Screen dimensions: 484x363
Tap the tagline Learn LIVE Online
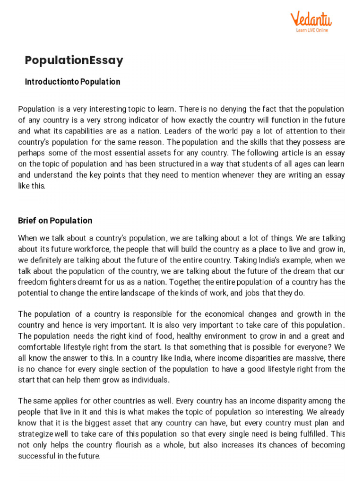point(311,30)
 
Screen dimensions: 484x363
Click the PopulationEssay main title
point(74,60)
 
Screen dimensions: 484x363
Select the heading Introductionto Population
point(72,82)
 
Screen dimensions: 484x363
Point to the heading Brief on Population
point(55,221)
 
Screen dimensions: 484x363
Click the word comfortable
point(40,346)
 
